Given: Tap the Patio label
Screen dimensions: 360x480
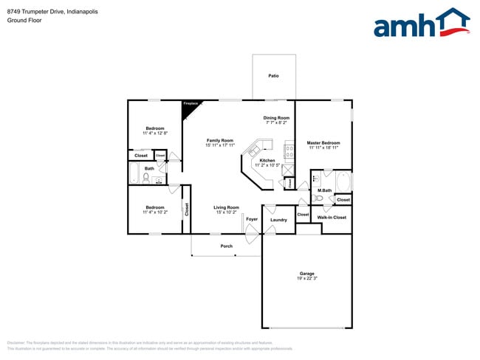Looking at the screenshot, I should click(273, 76).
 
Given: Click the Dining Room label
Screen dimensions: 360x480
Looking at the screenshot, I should click(276, 118).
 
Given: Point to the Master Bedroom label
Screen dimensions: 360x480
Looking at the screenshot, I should click(323, 142).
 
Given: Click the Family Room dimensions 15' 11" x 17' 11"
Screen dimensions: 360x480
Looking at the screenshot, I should click(219, 145).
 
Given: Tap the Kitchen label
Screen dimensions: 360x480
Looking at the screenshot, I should click(267, 160).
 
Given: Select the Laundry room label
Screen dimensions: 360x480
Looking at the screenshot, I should click(278, 220).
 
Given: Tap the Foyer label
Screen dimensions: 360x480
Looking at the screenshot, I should click(252, 219).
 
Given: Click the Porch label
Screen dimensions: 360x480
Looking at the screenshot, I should click(227, 246).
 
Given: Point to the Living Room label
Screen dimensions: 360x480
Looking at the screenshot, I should click(227, 207).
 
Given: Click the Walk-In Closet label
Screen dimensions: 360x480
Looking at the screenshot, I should click(332, 218).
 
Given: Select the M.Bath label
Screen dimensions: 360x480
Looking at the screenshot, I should click(323, 191).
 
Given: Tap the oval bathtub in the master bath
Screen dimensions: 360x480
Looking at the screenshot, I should click(343, 181).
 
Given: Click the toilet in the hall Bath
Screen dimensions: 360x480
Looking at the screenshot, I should click(146, 177).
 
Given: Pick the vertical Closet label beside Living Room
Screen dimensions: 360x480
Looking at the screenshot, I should click(187, 210).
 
